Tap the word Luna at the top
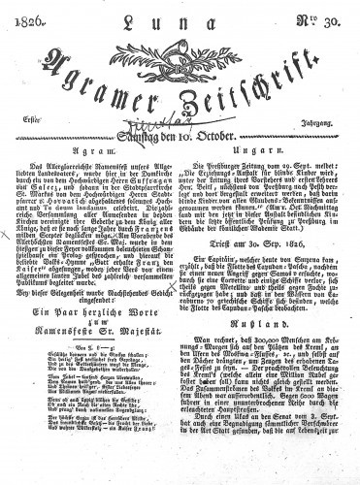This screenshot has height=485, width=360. coord(178,19)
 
